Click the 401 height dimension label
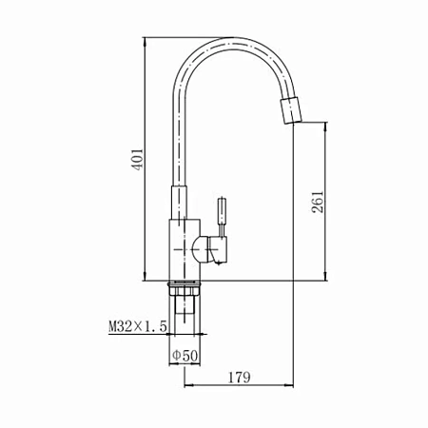pyautogui.click(x=138, y=159)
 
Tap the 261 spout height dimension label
pyautogui.click(x=318, y=202)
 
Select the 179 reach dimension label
pyautogui.click(x=240, y=377)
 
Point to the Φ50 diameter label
pyautogui.click(x=185, y=356)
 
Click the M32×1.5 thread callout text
pyautogui.click(x=138, y=326)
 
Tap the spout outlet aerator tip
pyautogui.click(x=291, y=110)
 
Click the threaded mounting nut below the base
pyautogui.click(x=185, y=288)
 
